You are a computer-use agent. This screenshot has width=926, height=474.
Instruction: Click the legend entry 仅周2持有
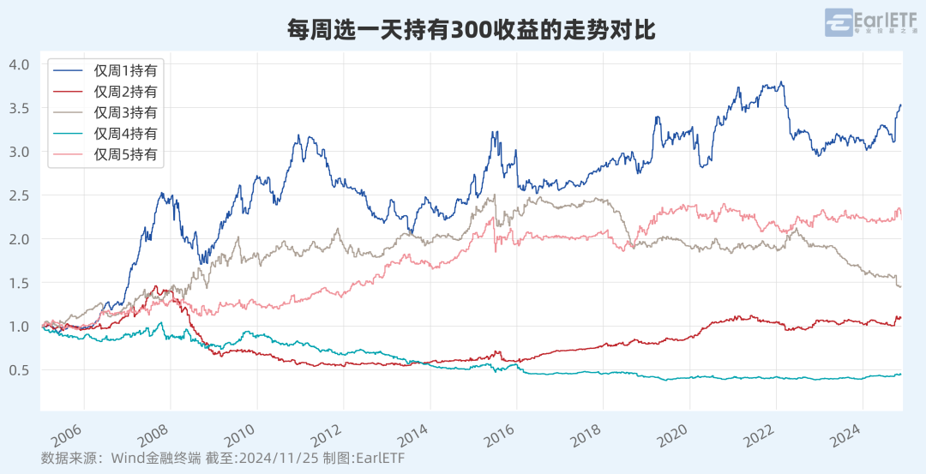[x=126, y=91]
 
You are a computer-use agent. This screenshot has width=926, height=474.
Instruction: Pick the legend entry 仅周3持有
[x=126, y=112]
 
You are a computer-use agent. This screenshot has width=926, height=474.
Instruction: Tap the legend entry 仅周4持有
[x=126, y=134]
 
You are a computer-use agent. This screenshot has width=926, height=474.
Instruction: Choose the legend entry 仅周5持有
[x=126, y=155]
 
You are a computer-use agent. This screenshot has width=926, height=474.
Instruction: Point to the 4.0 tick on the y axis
[x=20, y=64]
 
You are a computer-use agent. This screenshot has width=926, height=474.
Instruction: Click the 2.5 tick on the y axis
[x=20, y=195]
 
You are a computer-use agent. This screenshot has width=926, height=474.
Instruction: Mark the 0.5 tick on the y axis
[x=20, y=370]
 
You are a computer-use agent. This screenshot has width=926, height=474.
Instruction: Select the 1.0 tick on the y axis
[x=20, y=327]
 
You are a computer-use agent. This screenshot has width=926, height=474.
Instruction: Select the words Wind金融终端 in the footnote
[x=152, y=458]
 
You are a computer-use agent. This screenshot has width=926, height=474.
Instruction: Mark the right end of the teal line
[x=900, y=374]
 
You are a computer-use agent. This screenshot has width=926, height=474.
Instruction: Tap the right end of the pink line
[x=900, y=217]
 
